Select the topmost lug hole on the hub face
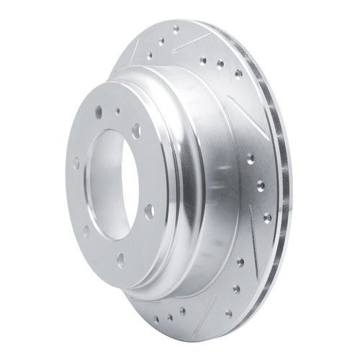click(99, 112)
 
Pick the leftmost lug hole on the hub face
click(76, 163)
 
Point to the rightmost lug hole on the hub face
click(149, 211)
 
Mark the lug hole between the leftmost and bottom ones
click(86, 231)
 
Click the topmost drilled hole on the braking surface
click(176, 30)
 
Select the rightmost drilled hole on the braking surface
click(269, 216)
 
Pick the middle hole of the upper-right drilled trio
click(220, 64)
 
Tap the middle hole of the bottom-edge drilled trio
click(171, 316)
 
